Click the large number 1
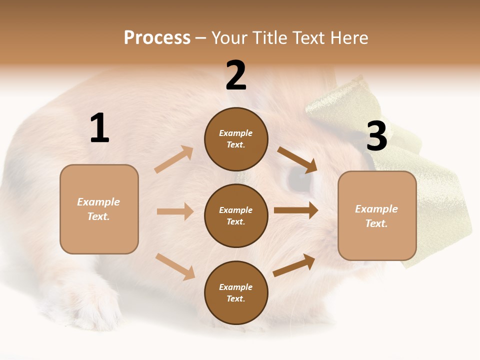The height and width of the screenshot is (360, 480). tap(99, 128)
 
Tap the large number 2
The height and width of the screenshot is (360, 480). tap(236, 75)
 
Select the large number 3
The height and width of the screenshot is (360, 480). tap(376, 136)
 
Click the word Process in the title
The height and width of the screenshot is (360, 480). tap(157, 38)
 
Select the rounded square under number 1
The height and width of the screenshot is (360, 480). tap(99, 209)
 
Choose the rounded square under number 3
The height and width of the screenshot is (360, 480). tap(377, 216)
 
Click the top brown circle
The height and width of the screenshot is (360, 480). tap(236, 139)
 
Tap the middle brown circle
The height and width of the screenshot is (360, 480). tap(236, 215)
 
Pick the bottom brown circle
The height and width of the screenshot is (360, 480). tap(236, 292)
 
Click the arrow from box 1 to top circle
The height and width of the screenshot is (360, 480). tap(174, 159)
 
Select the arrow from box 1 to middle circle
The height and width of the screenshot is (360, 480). tap(175, 211)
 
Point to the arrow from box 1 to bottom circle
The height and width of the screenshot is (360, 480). tap(175, 266)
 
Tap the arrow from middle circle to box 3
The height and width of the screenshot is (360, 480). tap(296, 210)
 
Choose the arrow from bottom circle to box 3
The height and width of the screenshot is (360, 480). tap(294, 265)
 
